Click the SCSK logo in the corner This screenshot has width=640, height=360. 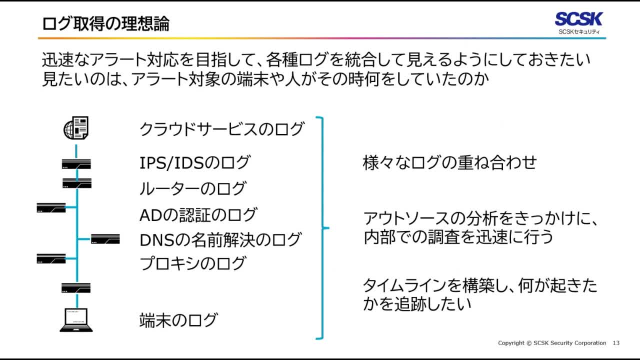579,23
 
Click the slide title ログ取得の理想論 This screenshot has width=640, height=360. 105,23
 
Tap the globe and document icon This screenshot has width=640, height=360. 76,128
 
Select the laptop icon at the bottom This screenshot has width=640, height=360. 76,320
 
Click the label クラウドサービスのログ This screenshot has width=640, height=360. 221,129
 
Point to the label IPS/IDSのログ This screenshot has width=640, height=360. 194,162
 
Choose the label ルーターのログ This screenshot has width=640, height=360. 192,188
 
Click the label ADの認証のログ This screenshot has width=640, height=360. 198,215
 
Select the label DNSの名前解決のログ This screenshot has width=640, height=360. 220,240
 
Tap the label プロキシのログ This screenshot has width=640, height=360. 192,263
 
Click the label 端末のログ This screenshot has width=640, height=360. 178,320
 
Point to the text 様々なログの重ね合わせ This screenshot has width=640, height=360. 449,162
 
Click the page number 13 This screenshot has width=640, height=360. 616,343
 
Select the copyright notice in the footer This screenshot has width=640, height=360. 552,343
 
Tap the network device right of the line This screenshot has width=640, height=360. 105,239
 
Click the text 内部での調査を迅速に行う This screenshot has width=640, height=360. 458,237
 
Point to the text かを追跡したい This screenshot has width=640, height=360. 417,304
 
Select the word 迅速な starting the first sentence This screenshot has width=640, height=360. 67,60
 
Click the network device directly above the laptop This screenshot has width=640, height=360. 76,288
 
